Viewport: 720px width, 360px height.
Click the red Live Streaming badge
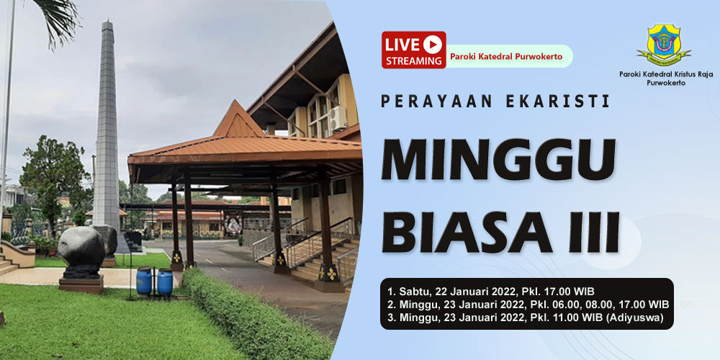point(414,50)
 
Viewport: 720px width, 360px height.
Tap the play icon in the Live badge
point(433,45)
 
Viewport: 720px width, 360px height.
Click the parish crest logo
point(664,45)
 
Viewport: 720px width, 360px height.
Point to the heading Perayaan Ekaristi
point(495,102)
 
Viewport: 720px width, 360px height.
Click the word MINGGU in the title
point(498,159)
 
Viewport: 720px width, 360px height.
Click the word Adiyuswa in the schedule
point(639,318)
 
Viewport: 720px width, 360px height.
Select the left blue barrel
point(144,281)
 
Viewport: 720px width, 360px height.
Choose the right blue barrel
point(165,282)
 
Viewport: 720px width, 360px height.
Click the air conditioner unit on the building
point(338,118)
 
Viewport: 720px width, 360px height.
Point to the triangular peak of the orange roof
point(237,102)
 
